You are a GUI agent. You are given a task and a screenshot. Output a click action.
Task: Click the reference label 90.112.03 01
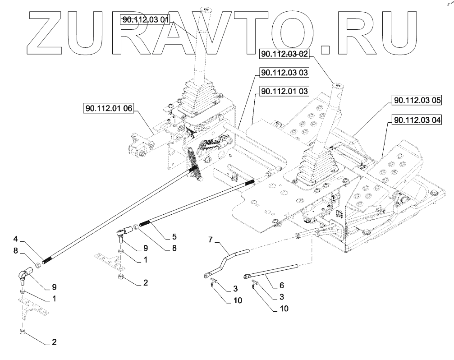point(146,19)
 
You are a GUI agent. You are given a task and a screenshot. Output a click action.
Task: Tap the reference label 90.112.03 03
point(284,72)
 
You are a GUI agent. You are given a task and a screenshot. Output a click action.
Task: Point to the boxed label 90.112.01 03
point(284,92)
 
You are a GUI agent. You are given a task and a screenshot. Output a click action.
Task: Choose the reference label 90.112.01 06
point(108,108)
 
